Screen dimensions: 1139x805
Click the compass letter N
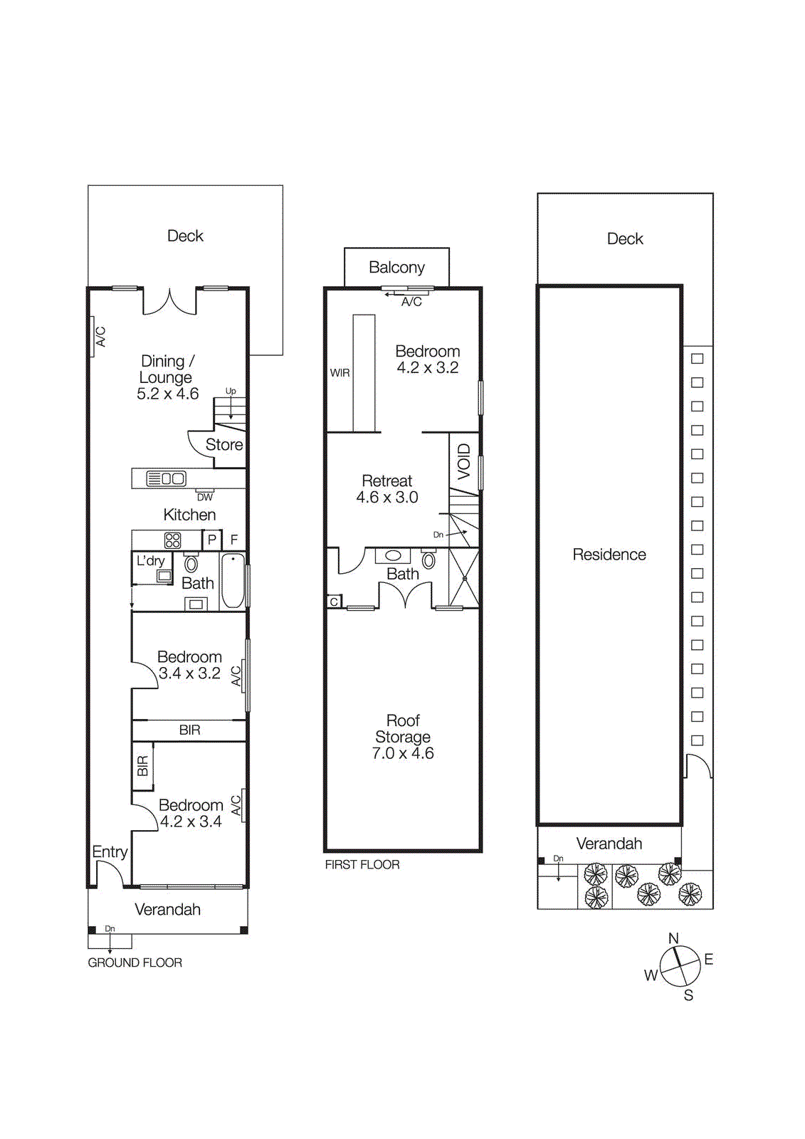click(673, 939)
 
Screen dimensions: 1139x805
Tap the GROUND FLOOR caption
click(135, 962)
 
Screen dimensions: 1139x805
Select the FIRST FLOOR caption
click(362, 864)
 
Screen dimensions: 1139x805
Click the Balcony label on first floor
click(396, 268)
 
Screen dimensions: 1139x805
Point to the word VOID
click(464, 461)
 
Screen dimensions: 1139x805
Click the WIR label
click(340, 373)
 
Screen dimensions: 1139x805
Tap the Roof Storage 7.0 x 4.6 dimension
click(403, 753)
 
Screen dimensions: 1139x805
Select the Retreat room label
click(386, 481)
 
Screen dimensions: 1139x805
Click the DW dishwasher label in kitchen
click(205, 497)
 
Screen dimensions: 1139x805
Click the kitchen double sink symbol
click(166, 478)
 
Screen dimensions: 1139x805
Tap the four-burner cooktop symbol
click(172, 540)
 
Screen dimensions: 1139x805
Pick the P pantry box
click(212, 540)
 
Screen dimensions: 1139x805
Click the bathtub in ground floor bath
click(233, 581)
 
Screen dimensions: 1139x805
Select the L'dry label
click(150, 561)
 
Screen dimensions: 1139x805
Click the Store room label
click(224, 445)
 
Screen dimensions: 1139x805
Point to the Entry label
click(110, 852)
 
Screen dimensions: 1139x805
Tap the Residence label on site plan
click(609, 555)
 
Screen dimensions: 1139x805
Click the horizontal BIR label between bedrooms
click(190, 730)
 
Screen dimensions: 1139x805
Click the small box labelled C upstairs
click(334, 602)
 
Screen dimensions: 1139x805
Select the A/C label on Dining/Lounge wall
click(100, 337)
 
